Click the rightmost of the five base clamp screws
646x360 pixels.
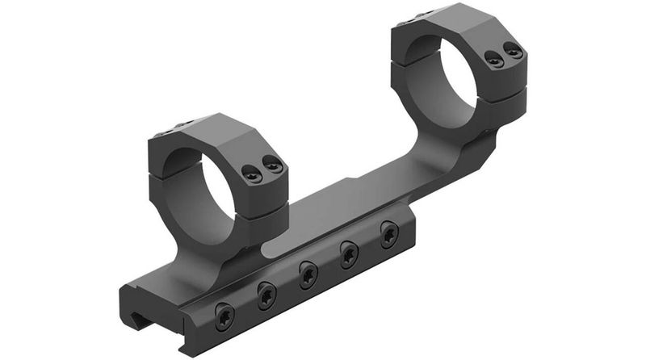[x=388, y=232]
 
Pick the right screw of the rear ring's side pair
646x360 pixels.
[x=513, y=52]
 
